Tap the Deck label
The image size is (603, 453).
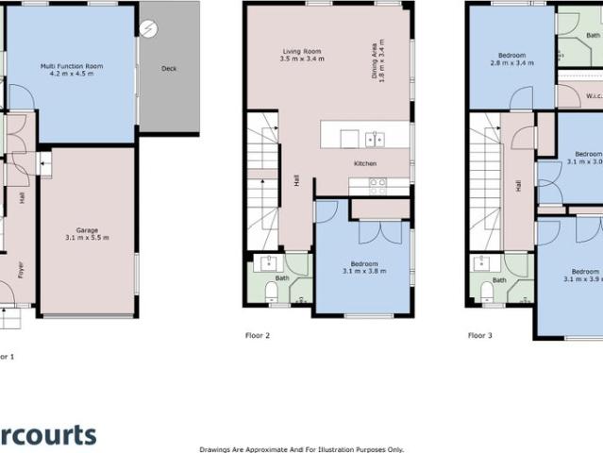pos(169,68)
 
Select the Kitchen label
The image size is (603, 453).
pos(365,164)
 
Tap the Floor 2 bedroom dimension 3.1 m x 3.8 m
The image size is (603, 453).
pos(363,271)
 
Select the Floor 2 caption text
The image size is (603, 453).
pos(258,335)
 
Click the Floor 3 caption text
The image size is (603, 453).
pos(481,335)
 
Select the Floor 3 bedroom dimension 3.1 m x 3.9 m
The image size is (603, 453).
pos(582,278)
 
